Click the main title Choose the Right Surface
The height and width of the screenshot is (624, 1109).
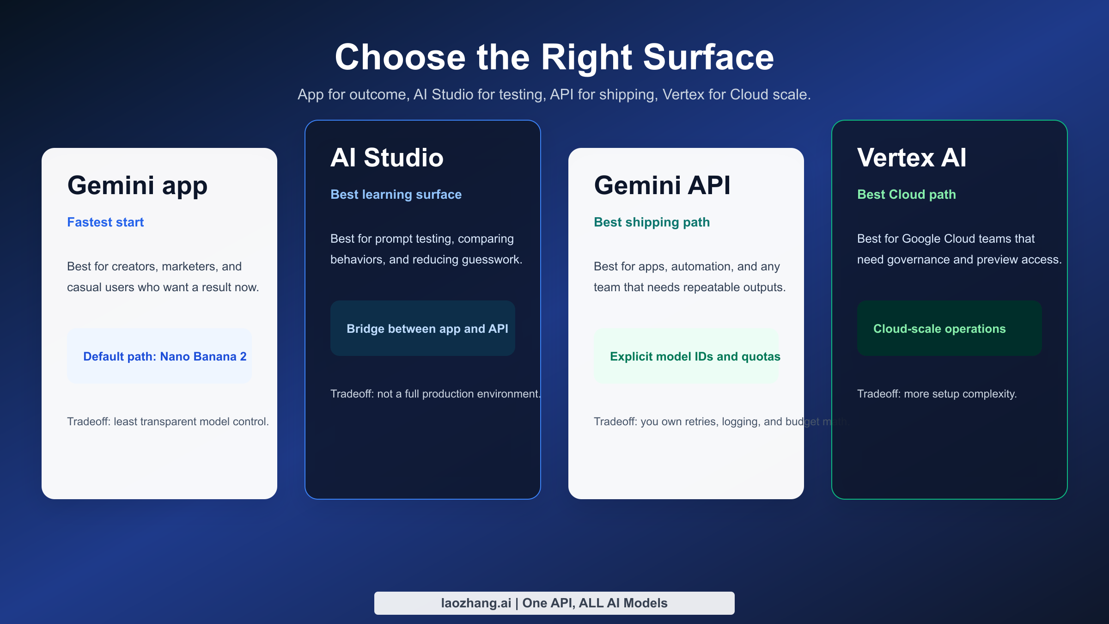(x=554, y=57)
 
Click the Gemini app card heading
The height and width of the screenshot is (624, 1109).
(x=137, y=185)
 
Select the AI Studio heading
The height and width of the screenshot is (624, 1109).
(x=387, y=158)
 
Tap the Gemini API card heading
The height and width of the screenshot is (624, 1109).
(x=662, y=185)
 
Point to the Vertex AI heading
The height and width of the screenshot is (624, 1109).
(x=911, y=158)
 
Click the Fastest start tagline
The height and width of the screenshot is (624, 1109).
(x=105, y=222)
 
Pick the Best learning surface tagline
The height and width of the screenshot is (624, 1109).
(x=396, y=195)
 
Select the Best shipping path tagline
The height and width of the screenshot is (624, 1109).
(x=652, y=222)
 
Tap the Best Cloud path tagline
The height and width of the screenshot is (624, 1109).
(x=906, y=195)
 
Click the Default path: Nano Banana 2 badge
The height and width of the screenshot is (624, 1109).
(x=159, y=356)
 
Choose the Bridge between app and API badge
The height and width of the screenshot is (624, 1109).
(x=423, y=328)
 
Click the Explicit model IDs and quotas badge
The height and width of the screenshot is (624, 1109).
(x=686, y=356)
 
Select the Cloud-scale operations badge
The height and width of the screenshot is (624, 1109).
(x=949, y=328)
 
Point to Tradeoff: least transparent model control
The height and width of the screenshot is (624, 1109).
(x=168, y=422)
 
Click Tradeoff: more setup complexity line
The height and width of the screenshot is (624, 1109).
(x=937, y=394)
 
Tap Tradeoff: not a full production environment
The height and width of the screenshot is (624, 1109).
(x=434, y=394)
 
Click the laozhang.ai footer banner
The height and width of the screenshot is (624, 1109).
(x=554, y=603)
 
